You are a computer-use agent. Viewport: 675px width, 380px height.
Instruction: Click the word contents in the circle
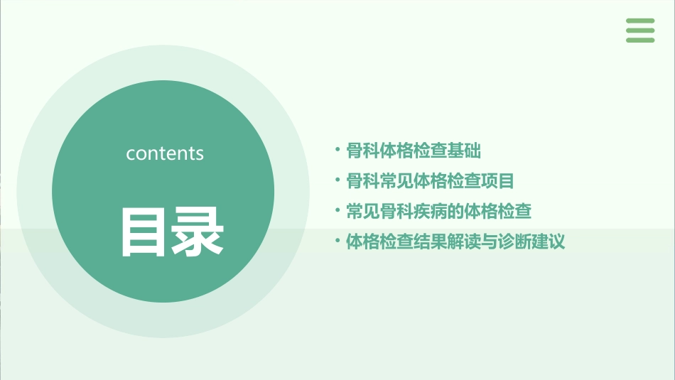point(165,153)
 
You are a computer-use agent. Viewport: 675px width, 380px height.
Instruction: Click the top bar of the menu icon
point(640,21)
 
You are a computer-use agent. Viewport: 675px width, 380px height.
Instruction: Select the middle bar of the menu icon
point(640,30)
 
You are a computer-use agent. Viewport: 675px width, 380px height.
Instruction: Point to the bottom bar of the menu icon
point(640,40)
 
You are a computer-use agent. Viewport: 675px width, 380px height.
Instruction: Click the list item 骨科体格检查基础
point(414,151)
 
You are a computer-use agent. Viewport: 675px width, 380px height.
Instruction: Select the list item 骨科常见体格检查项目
point(430,181)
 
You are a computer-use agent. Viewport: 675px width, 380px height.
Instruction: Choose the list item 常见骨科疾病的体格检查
point(438,212)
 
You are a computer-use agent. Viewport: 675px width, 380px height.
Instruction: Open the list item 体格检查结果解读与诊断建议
point(455,241)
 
